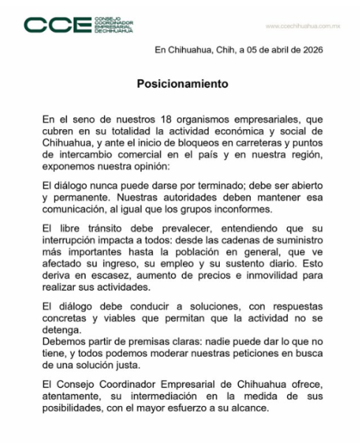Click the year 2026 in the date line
pos(309,50)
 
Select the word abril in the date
pos(269,50)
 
